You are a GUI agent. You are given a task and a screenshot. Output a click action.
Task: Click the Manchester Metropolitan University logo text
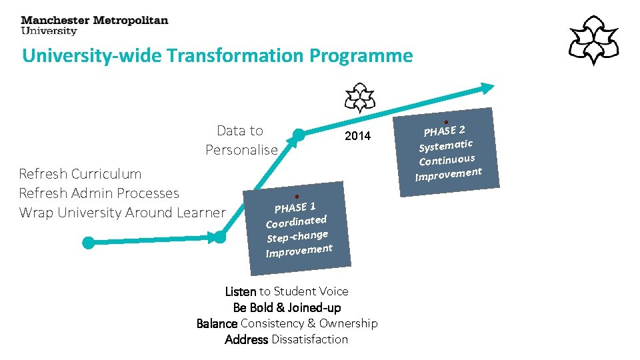tap(94, 25)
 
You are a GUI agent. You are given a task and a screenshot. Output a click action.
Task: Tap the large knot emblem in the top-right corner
tap(593, 40)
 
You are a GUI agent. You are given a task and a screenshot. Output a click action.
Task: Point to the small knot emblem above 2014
tap(359, 98)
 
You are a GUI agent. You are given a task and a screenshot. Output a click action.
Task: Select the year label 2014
tap(357, 137)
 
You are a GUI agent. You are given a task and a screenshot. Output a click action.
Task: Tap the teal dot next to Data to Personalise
tap(299, 135)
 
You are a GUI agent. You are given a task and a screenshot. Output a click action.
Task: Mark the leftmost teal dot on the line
tap(88, 243)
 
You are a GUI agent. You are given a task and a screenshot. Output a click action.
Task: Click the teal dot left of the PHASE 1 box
tap(219, 236)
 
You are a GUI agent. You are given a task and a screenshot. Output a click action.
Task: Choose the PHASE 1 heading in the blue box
tap(295, 207)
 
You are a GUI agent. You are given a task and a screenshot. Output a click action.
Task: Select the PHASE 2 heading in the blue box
tap(444, 130)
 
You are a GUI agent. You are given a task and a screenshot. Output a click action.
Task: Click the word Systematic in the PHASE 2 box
tap(445, 145)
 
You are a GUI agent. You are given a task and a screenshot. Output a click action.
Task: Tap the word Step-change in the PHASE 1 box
tap(297, 236)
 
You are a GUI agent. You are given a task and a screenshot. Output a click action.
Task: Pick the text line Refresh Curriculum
tap(80, 174)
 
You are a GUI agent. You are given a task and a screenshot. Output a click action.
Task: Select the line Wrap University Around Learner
tap(122, 213)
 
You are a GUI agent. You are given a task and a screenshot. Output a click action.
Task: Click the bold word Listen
tap(241, 291)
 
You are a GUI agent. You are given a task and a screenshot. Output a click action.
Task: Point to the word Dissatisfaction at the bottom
tap(309, 339)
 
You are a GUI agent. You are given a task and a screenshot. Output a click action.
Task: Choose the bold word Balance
tap(217, 323)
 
